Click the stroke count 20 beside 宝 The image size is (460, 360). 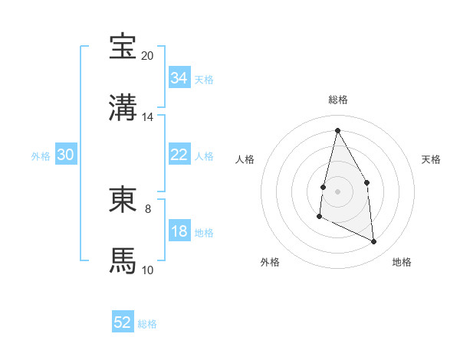click(x=147, y=56)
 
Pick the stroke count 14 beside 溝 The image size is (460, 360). click(x=147, y=117)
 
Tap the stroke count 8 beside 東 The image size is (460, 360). click(x=147, y=208)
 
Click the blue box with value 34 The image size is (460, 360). click(x=179, y=78)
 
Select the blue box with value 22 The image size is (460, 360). click(x=179, y=155)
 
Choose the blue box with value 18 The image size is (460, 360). click(x=179, y=232)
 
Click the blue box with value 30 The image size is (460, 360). click(x=66, y=155)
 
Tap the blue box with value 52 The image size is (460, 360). click(x=123, y=322)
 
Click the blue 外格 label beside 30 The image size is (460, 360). click(x=41, y=155)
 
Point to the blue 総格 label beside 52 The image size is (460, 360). click(x=147, y=324)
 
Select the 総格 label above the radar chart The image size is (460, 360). click(x=338, y=100)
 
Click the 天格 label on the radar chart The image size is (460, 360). click(x=431, y=159)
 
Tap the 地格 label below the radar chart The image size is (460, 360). click(x=402, y=262)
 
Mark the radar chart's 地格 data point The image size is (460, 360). click(x=374, y=242)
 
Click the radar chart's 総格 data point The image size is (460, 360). click(x=337, y=130)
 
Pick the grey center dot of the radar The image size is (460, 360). click(x=337, y=191)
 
